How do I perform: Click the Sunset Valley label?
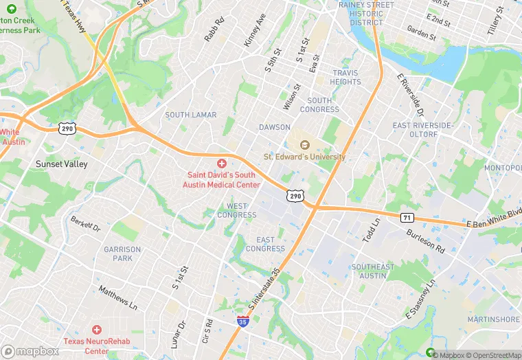pyautogui.click(x=60, y=164)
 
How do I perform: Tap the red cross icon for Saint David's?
pyautogui.click(x=221, y=163)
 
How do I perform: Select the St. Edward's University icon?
pyautogui.click(x=304, y=144)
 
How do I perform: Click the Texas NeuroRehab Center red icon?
pyautogui.click(x=96, y=330)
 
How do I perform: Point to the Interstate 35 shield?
pyautogui.click(x=242, y=321)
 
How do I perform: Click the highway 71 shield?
pyautogui.click(x=407, y=217)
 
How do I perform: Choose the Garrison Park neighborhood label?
pyautogui.click(x=122, y=254)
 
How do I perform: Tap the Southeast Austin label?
pyautogui.click(x=373, y=271)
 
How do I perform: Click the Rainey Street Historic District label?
pyautogui.click(x=366, y=13)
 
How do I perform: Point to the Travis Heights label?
pyautogui.click(x=346, y=77)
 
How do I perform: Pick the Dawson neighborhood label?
pyautogui.click(x=275, y=127)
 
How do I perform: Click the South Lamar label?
pyautogui.click(x=190, y=115)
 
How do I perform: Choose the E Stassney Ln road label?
pyautogui.click(x=420, y=300)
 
